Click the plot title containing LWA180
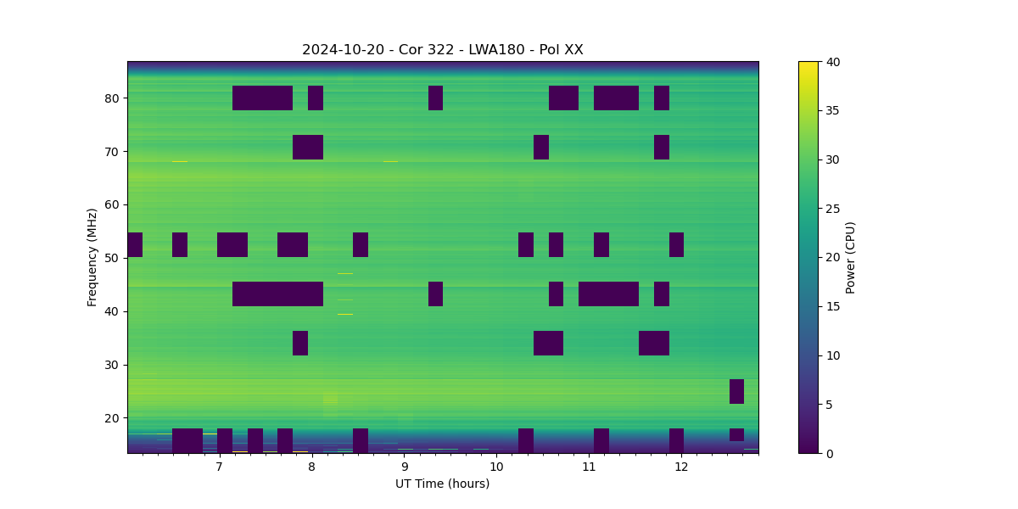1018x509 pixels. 442,50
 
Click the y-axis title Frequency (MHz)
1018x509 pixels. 92,257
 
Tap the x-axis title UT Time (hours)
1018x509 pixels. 442,484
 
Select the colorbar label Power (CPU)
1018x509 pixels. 850,257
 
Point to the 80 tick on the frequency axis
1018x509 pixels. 112,98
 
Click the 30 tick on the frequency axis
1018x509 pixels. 112,365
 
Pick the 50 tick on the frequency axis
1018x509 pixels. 112,258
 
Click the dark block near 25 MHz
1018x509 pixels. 736,391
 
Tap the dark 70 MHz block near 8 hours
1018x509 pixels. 308,147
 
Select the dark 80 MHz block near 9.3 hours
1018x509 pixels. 435,98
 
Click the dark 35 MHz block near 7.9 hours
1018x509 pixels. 300,343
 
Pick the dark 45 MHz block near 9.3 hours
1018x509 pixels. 435,294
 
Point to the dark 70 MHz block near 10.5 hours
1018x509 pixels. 541,147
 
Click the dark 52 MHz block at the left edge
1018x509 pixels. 135,244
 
